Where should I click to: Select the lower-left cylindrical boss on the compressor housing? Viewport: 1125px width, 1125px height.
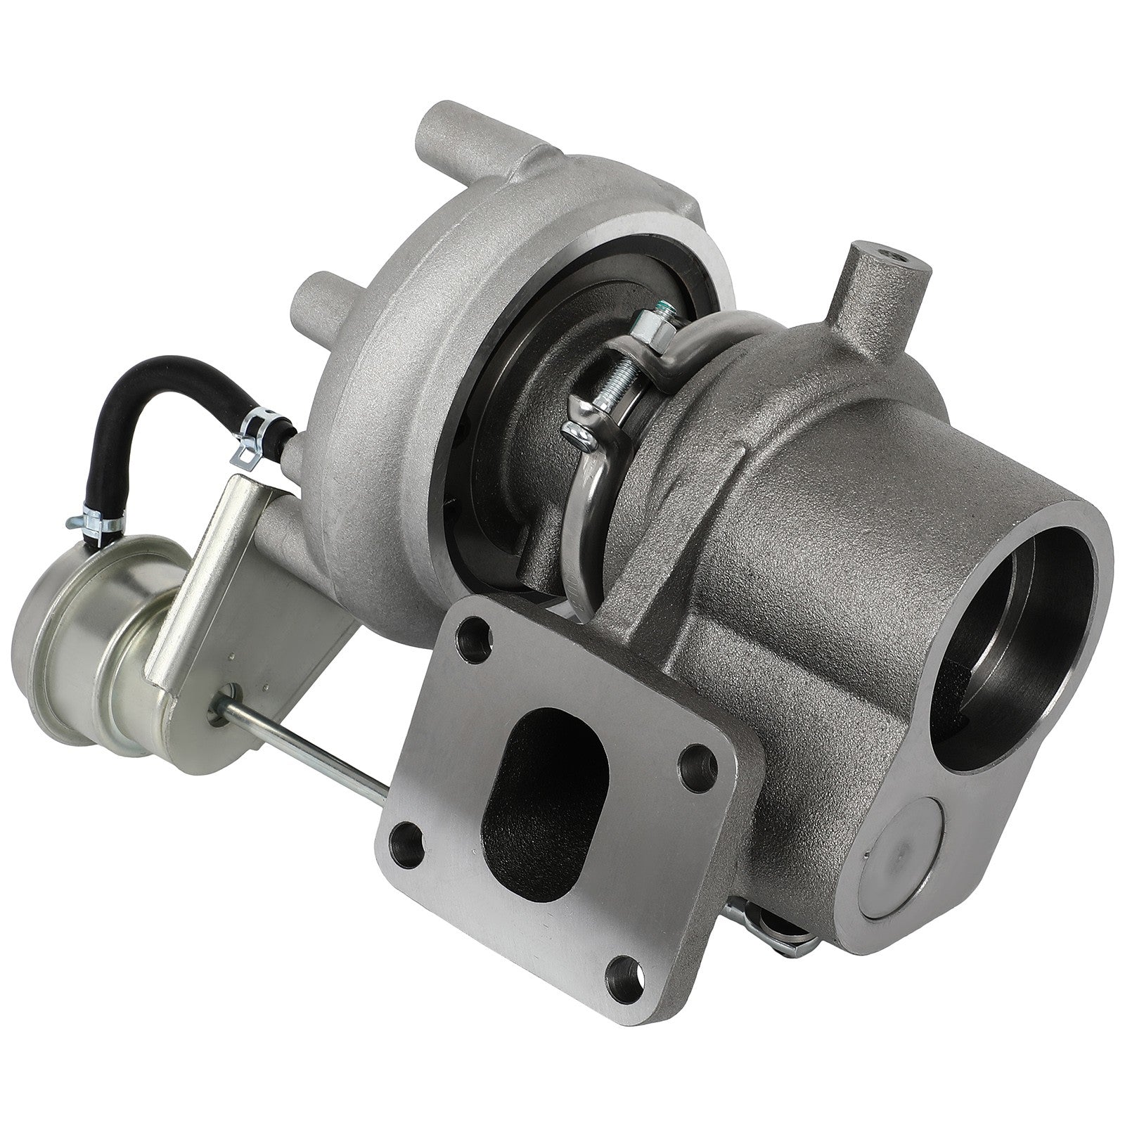pos(316,302)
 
